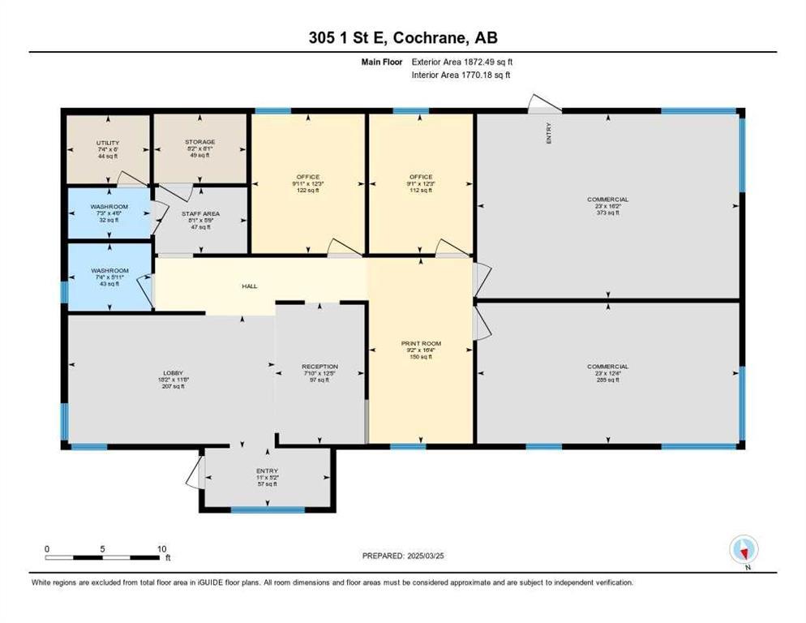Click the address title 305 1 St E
[402, 39]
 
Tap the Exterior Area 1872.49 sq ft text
[462, 62]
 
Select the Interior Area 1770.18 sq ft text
[461, 75]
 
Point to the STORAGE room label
[199, 142]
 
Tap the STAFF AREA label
[199, 214]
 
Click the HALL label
[250, 286]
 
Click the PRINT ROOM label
[421, 344]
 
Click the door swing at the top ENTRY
[544, 103]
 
